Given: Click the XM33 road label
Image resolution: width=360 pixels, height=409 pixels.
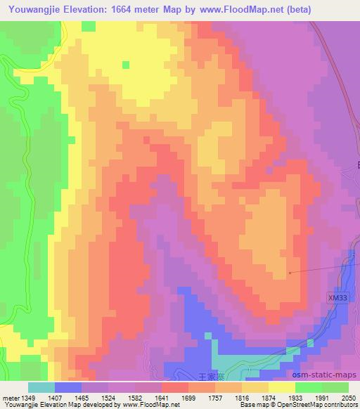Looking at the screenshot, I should (x=337, y=297).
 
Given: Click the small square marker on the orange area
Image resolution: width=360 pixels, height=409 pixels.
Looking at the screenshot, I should (x=290, y=272).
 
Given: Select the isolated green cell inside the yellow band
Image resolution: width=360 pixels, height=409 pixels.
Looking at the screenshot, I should (x=126, y=65).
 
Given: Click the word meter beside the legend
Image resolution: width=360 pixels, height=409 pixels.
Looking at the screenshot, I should (x=10, y=397).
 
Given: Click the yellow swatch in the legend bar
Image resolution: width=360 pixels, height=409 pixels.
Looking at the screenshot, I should (x=282, y=387).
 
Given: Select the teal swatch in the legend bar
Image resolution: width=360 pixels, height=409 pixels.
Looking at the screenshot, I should (x=41, y=387).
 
